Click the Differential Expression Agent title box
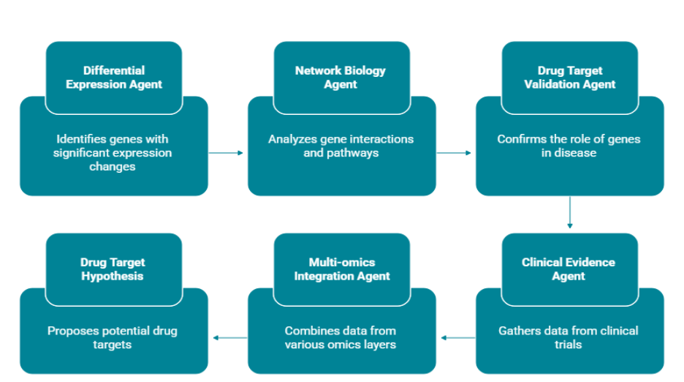coord(114,77)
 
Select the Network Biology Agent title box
coord(341,77)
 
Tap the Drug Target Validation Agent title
coord(569,77)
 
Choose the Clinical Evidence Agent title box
coord(569,269)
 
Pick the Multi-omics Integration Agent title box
coord(341,269)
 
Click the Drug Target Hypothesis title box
coord(114,269)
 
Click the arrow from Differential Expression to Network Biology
coord(227,153)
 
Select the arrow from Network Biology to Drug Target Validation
coord(455,153)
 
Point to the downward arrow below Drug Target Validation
coord(569,213)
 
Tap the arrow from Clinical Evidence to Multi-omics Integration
coord(457,337)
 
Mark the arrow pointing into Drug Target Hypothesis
coord(229,337)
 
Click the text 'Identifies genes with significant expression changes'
coord(114,153)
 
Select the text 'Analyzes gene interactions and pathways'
coord(341,146)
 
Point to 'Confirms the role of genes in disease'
coord(569,146)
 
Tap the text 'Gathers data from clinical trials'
coord(569,337)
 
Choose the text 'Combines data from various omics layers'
coord(341,337)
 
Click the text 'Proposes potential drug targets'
coord(114,337)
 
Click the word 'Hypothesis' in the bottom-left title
coord(113,276)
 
